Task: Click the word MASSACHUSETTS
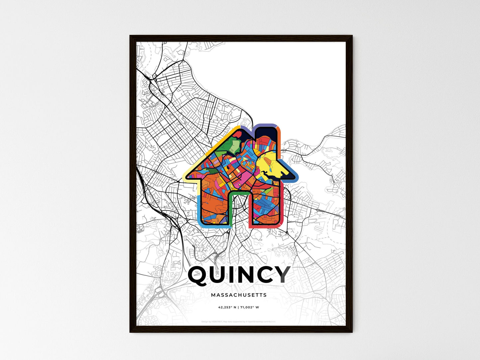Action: [239, 295]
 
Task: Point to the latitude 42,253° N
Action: [227, 307]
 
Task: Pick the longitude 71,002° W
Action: [249, 307]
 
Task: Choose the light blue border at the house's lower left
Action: [199, 213]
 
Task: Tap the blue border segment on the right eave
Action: [292, 171]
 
